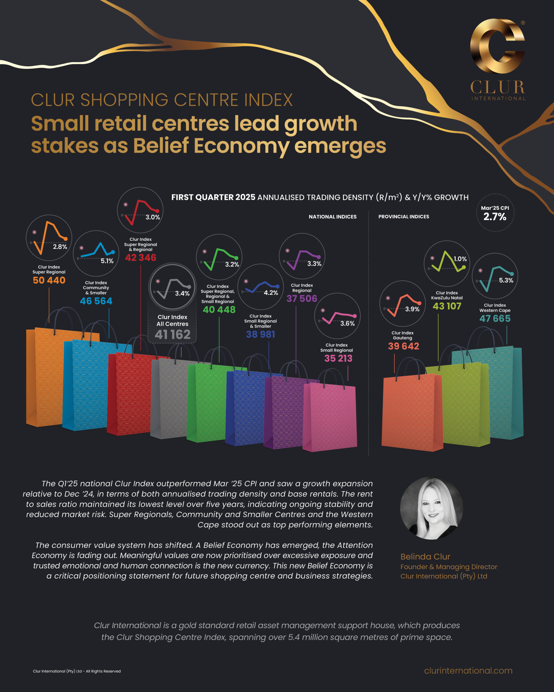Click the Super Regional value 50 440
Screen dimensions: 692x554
tap(49, 280)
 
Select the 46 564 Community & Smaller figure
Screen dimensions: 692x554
tap(96, 301)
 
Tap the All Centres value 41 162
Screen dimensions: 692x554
tap(173, 334)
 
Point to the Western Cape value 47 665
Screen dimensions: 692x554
tap(495, 318)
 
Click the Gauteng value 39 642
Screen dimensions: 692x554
tap(403, 346)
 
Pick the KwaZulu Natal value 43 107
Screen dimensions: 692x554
tap(447, 306)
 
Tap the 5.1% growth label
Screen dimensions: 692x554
tap(107, 261)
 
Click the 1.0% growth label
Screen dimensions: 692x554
tap(460, 259)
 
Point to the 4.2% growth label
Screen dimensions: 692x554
tap(271, 293)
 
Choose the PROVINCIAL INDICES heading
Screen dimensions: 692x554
tap(403, 217)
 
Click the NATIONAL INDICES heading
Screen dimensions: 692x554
tap(332, 217)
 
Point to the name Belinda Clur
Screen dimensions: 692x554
tap(425, 557)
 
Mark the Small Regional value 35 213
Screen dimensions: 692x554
tap(338, 358)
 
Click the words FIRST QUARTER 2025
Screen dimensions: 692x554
tap(213, 197)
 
